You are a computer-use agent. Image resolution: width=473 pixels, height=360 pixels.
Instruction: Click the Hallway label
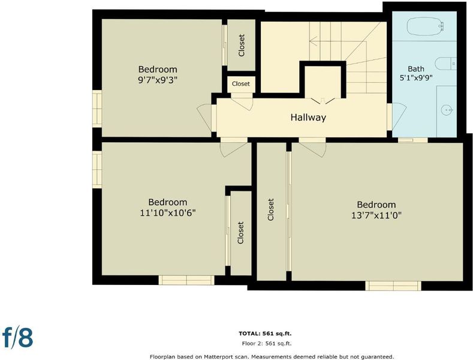pyautogui.click(x=308, y=118)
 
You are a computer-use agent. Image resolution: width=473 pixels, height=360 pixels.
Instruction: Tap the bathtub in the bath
pyautogui.click(x=425, y=26)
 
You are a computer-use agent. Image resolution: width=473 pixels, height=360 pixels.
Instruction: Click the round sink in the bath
pyautogui.click(x=447, y=110)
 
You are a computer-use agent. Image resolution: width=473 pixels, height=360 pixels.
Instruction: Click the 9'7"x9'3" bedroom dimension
pyautogui.click(x=158, y=80)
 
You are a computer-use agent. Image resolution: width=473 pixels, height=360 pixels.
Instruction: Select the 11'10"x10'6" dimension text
pyautogui.click(x=168, y=213)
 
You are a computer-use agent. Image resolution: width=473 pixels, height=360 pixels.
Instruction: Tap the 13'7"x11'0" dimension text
pyautogui.click(x=376, y=215)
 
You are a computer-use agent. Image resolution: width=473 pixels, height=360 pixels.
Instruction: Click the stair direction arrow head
pyautogui.click(x=313, y=41)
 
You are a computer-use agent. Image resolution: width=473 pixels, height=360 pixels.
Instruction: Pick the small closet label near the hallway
pyautogui.click(x=241, y=83)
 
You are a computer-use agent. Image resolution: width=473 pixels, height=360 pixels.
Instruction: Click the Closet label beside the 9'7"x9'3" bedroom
pyautogui.click(x=242, y=46)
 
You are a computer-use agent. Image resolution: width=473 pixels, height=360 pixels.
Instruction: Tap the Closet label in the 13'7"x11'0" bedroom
pyautogui.click(x=270, y=209)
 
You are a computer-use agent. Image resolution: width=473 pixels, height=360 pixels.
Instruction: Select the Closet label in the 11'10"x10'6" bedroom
pyautogui.click(x=240, y=233)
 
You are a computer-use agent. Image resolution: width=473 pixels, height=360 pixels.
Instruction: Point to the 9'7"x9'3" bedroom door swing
pyautogui.click(x=204, y=118)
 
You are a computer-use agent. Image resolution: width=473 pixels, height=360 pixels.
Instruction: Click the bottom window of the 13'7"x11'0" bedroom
pyautogui.click(x=393, y=286)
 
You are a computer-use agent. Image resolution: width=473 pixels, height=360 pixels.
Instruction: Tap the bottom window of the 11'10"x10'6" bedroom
pyautogui.click(x=186, y=280)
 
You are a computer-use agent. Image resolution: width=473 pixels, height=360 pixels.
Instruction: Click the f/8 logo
pyautogui.click(x=17, y=337)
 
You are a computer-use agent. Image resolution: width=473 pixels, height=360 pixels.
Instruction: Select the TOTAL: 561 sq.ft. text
pyautogui.click(x=265, y=334)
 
